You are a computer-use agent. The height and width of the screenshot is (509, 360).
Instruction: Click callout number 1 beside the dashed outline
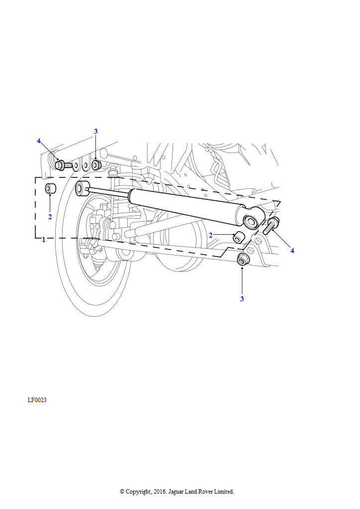tap(43, 240)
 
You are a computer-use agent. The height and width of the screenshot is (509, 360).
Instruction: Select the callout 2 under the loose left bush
tap(50, 217)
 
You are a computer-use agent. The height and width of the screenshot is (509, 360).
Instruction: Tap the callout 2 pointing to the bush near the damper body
tap(211, 235)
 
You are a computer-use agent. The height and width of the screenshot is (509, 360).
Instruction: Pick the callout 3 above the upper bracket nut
tap(96, 131)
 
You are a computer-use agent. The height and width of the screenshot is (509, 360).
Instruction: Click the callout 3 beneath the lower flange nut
tap(242, 299)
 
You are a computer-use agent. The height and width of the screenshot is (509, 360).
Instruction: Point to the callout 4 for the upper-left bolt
tap(39, 141)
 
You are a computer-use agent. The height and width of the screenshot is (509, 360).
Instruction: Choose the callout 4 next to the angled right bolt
tap(292, 251)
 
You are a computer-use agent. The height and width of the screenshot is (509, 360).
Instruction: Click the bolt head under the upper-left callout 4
tap(59, 165)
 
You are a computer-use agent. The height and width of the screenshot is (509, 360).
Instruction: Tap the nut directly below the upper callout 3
tap(96, 164)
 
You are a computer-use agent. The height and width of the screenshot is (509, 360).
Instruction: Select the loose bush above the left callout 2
tap(50, 188)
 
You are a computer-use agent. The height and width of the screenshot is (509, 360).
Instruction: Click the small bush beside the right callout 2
tap(238, 237)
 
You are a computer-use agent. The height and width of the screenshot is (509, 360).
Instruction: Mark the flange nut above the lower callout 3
tap(242, 259)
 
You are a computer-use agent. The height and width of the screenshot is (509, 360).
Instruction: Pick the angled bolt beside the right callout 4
tap(271, 226)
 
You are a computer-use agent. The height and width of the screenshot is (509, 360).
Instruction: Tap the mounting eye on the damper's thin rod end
tap(82, 188)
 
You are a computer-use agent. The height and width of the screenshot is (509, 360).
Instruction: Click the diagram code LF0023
tap(37, 400)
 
